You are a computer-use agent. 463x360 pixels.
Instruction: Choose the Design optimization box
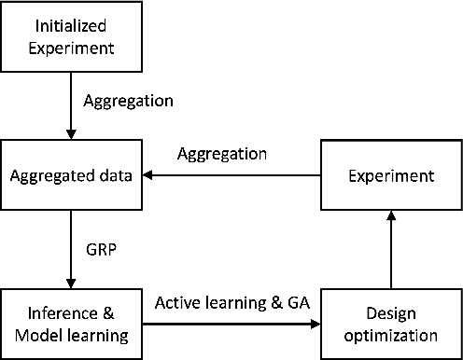click(392, 325)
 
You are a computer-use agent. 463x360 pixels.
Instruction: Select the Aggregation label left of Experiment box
click(222, 153)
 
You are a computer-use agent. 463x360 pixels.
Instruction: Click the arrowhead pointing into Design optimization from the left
click(315, 325)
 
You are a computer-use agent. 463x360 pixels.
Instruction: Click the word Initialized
click(70, 26)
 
